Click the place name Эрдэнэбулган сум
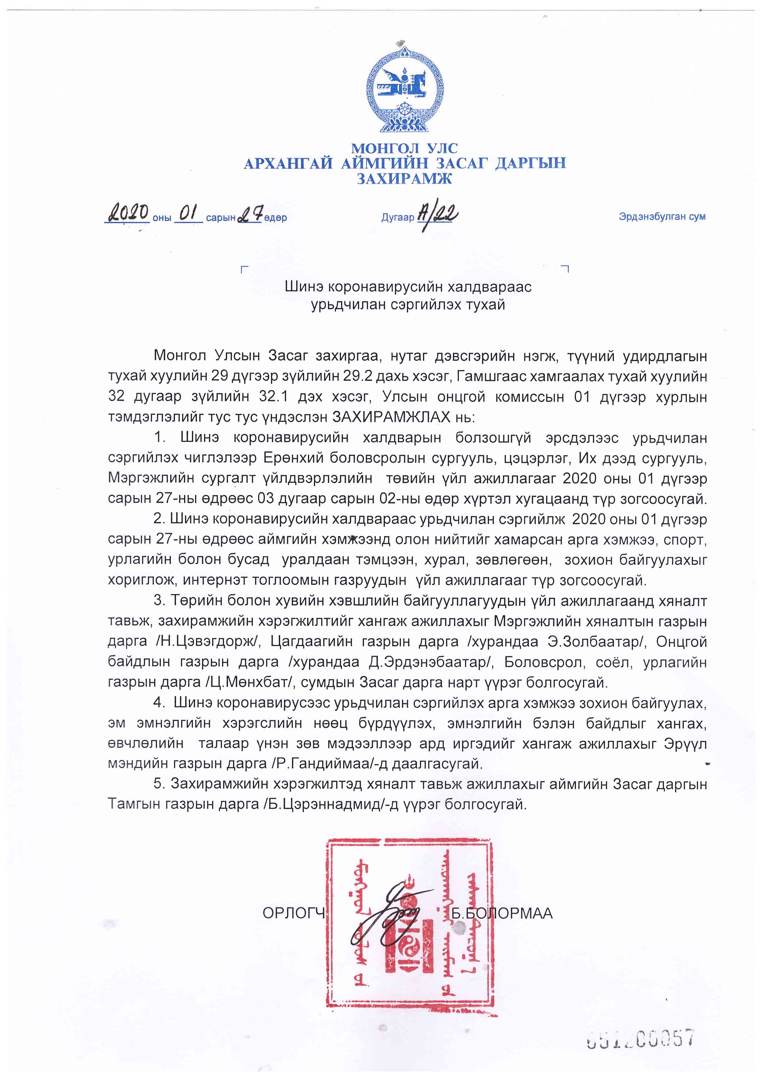pyautogui.click(x=662, y=217)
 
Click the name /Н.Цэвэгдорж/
pyautogui.click(x=208, y=641)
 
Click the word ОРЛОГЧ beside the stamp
pyautogui.click(x=294, y=913)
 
